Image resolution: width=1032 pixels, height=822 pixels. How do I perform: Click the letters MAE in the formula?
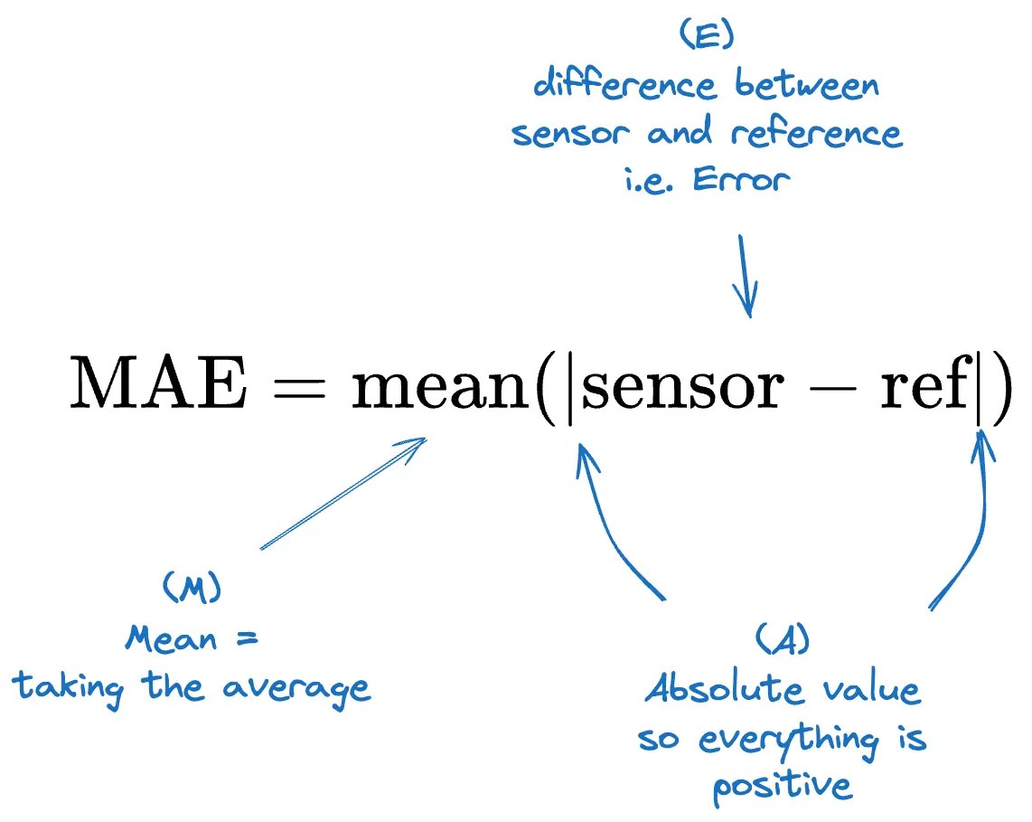coord(157,385)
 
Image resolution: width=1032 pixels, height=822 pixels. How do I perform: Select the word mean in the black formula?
coord(441,387)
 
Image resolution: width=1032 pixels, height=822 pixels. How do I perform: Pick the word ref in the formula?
coord(922,385)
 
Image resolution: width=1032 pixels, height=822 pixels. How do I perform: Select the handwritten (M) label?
coord(192,589)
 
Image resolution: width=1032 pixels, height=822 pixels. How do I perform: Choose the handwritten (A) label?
coord(781,640)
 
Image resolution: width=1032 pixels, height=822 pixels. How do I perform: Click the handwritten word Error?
coord(741,178)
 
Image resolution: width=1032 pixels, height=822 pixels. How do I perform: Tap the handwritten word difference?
coord(624,86)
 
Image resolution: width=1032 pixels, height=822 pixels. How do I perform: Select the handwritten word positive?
coord(782,785)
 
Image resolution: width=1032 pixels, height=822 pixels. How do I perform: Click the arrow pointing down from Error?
coord(746,276)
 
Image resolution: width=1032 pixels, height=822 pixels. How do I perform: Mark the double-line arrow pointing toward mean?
coord(343,493)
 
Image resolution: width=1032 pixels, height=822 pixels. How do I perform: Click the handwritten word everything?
coord(788,739)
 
